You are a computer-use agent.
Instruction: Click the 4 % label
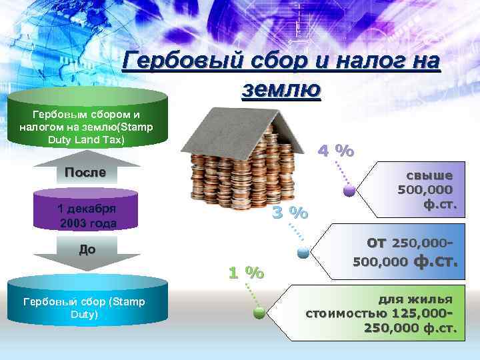[x=335, y=151]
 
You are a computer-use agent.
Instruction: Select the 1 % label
[x=246, y=273]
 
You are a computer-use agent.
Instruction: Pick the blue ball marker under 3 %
[x=303, y=252]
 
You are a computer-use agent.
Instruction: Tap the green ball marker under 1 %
[x=259, y=311]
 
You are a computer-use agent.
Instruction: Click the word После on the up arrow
[x=85, y=173]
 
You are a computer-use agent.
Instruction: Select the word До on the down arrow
[x=87, y=249]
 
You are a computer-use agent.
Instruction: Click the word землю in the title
[x=280, y=89]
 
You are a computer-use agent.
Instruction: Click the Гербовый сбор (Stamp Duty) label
[x=84, y=308]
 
